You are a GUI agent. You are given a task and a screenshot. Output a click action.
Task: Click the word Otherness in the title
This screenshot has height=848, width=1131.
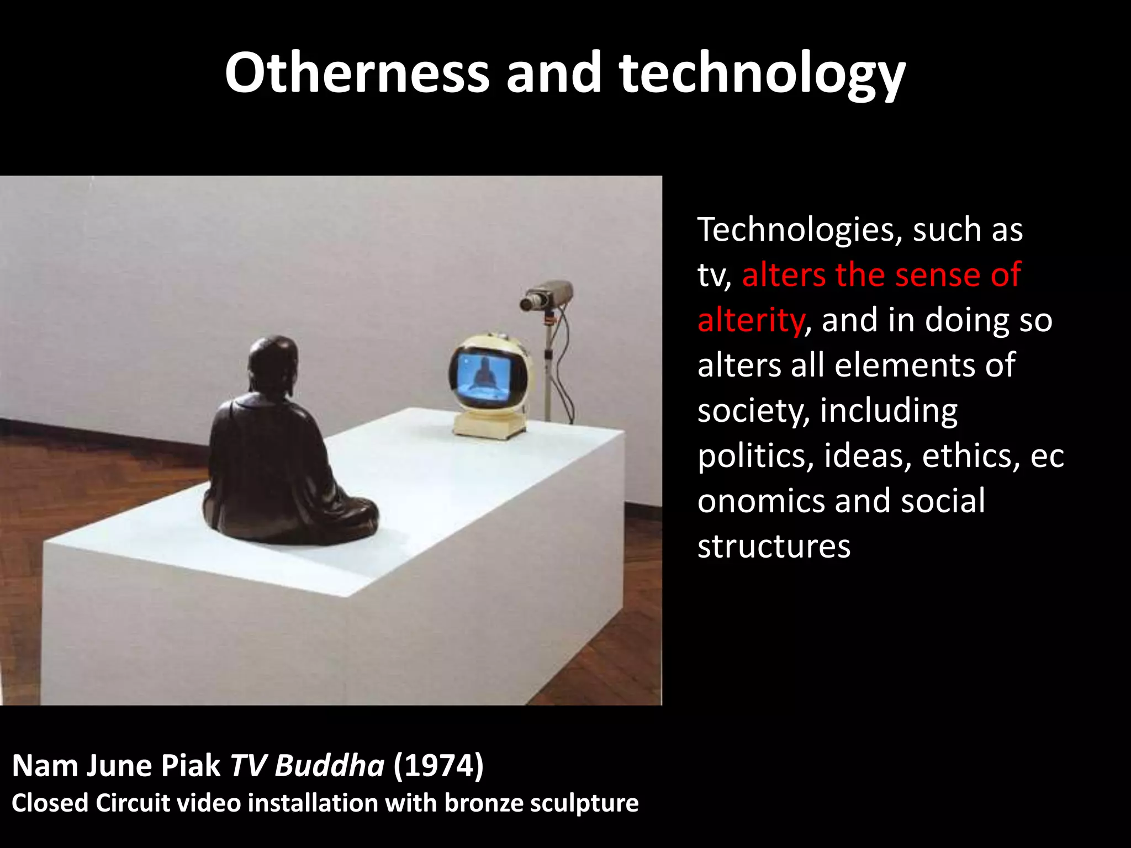click(x=357, y=73)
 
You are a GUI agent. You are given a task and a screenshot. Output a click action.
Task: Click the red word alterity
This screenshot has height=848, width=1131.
click(x=750, y=320)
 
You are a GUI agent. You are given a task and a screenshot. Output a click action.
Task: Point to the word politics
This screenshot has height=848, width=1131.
click(x=755, y=457)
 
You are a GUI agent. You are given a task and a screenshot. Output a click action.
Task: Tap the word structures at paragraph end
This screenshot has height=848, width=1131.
click(x=774, y=547)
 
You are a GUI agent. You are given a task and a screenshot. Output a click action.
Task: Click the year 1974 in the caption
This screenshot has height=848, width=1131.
click(x=438, y=766)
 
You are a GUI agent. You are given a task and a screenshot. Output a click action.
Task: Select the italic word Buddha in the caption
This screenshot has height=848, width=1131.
click(x=329, y=766)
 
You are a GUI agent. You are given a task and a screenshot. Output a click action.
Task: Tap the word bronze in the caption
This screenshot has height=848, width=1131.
click(x=484, y=803)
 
